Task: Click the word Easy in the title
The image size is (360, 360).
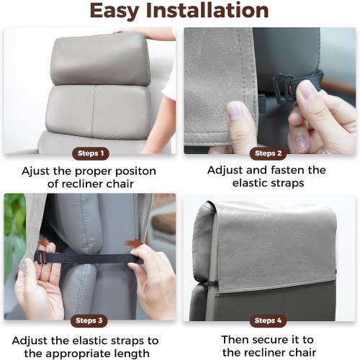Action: pyautogui.click(x=119, y=12)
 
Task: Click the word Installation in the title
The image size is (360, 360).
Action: pyautogui.click(x=209, y=12)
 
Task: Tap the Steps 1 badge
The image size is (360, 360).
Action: pyautogui.click(x=91, y=153)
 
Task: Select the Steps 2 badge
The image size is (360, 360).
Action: pyautogui.click(x=268, y=153)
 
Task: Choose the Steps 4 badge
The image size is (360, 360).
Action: pyautogui.click(x=268, y=320)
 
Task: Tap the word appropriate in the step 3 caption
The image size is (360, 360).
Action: pyautogui.click(x=99, y=353)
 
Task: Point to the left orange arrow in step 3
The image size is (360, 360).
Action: pyautogui.click(x=44, y=243)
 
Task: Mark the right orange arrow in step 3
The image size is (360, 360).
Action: pyautogui.click(x=134, y=243)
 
